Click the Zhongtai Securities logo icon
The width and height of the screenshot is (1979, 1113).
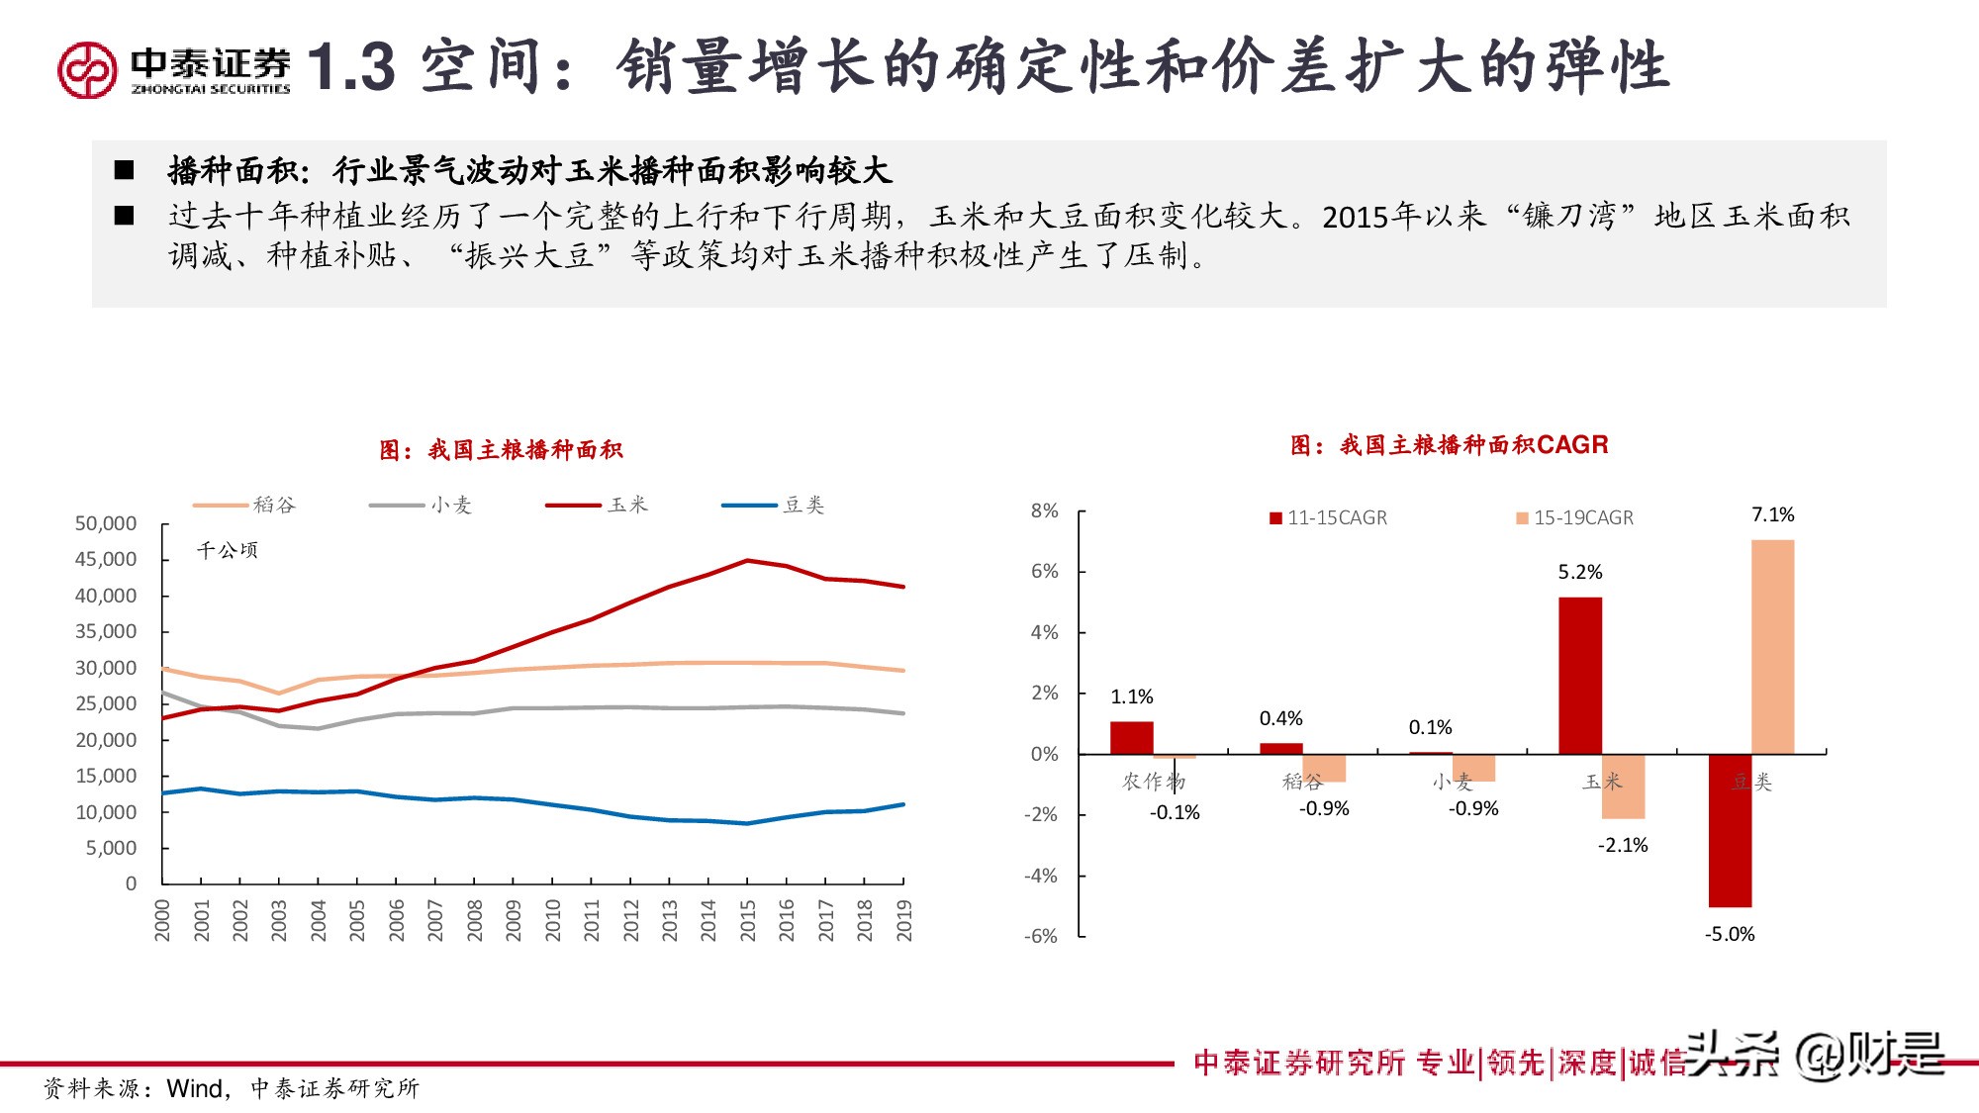[x=87, y=69]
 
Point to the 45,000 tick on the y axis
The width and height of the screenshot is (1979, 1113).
[x=106, y=559]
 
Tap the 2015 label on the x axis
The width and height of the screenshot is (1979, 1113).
[x=747, y=920]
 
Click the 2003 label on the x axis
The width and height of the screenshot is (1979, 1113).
[x=279, y=920]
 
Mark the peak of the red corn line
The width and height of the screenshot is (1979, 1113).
[x=747, y=561]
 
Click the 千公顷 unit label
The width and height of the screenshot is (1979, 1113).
[x=227, y=550]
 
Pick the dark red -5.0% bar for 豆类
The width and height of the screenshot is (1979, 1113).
[x=1730, y=830]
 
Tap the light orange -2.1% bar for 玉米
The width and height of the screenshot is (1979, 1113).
[x=1623, y=787]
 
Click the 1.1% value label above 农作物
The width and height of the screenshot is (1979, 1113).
[x=1131, y=696]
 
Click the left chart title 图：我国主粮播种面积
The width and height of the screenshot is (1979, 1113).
[x=501, y=450]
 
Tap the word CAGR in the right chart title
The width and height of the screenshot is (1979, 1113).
[x=1572, y=445]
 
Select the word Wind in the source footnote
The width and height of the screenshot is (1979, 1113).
[x=195, y=1088]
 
